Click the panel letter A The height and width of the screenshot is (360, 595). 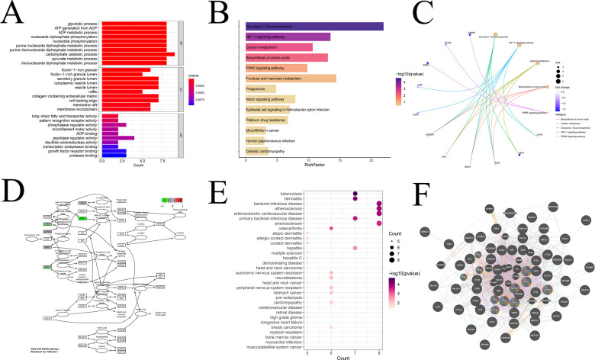click(x=15, y=15)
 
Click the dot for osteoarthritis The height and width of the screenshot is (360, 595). click(x=331, y=228)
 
